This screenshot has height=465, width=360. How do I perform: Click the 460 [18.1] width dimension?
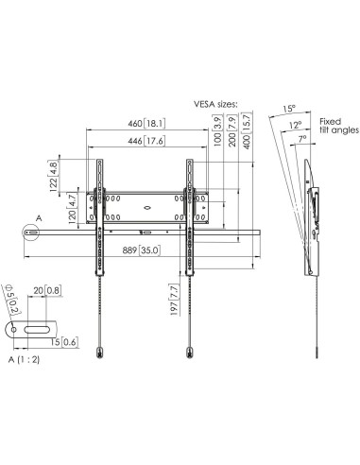pos(146,123)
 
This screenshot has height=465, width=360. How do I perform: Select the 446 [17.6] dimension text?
pos(146,141)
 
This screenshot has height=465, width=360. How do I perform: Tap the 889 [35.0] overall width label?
pos(141,250)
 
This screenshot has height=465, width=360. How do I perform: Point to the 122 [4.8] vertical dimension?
pos(53,176)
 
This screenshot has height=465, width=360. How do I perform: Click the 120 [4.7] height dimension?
pos(72,209)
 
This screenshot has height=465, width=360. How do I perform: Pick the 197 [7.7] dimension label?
pos(175,300)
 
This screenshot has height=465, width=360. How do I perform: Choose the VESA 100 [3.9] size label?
pos(217,130)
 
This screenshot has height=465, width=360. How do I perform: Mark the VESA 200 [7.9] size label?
pos(232,130)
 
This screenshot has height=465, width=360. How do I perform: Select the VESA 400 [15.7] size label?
pos(247,130)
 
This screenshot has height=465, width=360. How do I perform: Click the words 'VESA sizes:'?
pos(215,104)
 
